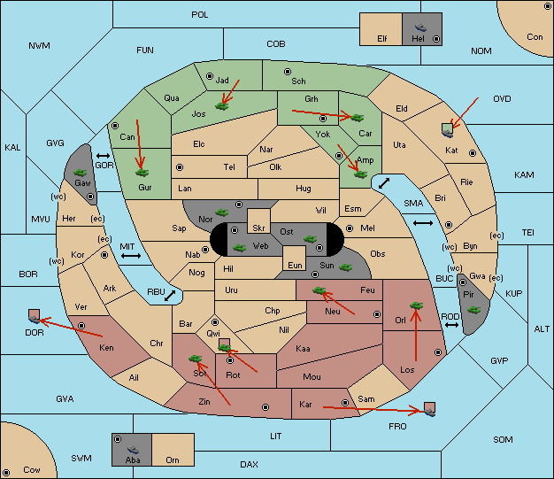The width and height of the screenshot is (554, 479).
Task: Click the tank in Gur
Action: (142, 173)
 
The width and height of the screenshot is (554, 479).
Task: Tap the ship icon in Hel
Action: (420, 27)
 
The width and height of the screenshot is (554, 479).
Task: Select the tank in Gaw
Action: (81, 173)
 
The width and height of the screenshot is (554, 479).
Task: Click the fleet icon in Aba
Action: (133, 449)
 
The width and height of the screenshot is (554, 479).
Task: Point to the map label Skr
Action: (258, 228)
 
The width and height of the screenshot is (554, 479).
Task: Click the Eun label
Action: (295, 265)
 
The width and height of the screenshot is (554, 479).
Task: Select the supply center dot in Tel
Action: (180, 166)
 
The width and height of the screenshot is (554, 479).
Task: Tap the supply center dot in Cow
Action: (6, 472)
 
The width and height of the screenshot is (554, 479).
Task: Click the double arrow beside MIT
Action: (131, 256)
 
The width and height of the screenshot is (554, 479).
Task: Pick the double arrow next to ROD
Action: (451, 325)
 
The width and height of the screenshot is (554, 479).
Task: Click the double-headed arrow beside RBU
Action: (170, 296)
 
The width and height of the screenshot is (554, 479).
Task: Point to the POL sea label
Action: (200, 15)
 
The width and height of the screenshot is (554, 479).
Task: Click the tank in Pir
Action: (473, 310)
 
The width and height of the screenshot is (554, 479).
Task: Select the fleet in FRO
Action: (429, 412)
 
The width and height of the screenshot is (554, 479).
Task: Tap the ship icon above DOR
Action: (35, 320)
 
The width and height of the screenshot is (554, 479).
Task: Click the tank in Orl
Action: (416, 305)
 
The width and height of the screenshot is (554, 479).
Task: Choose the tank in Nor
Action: (221, 212)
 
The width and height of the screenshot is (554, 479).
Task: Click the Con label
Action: (535, 37)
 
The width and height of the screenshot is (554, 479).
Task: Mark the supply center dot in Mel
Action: (350, 228)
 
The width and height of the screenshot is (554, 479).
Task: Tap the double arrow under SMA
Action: (423, 223)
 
